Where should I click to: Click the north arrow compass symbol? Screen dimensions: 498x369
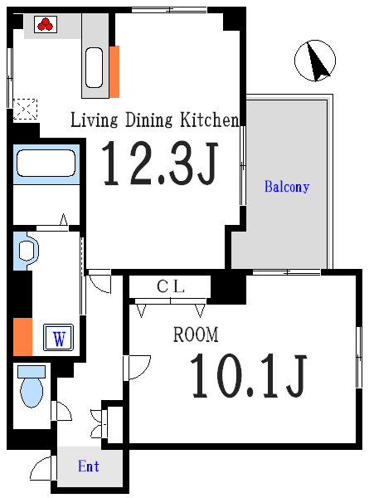pos(315,61)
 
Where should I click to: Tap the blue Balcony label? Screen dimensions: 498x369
pos(286,187)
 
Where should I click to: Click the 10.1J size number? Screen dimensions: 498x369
pos(249,375)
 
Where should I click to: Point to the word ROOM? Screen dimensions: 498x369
pos(196,335)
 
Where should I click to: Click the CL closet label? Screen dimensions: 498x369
pos(171,287)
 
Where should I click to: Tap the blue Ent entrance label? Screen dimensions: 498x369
pos(89,466)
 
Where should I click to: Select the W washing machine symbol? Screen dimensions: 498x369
pos(59,338)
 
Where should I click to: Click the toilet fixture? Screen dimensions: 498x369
pos(31,386)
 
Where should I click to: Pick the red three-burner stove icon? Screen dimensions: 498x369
pos(43,25)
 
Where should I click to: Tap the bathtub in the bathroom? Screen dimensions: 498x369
pos(46,164)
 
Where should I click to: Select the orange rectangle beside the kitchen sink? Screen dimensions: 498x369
pos(114,71)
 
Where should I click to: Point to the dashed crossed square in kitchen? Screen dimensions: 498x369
pos(26,109)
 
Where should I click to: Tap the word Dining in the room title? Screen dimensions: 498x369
pos(148,120)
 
